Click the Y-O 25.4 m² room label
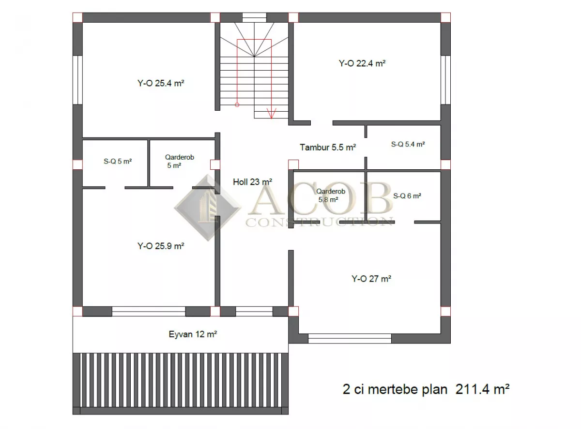tap(161, 83)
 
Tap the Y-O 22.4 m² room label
tap(362, 63)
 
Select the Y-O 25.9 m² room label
tap(161, 246)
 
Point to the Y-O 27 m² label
tap(371, 279)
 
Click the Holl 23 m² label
tap(253, 182)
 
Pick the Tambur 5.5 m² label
tap(328, 148)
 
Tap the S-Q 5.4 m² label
tap(408, 144)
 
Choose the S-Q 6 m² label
tap(407, 196)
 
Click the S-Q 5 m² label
tap(118, 161)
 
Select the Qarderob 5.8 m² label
tap(330, 195)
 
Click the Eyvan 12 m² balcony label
tap(193, 334)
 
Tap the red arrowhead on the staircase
tap(272, 113)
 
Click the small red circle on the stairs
tap(237, 105)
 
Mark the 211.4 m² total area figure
tap(483, 389)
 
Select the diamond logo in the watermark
tap(208, 208)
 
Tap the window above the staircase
tap(254, 17)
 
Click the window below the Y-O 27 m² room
tap(350, 339)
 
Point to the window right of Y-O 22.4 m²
tap(445, 80)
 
